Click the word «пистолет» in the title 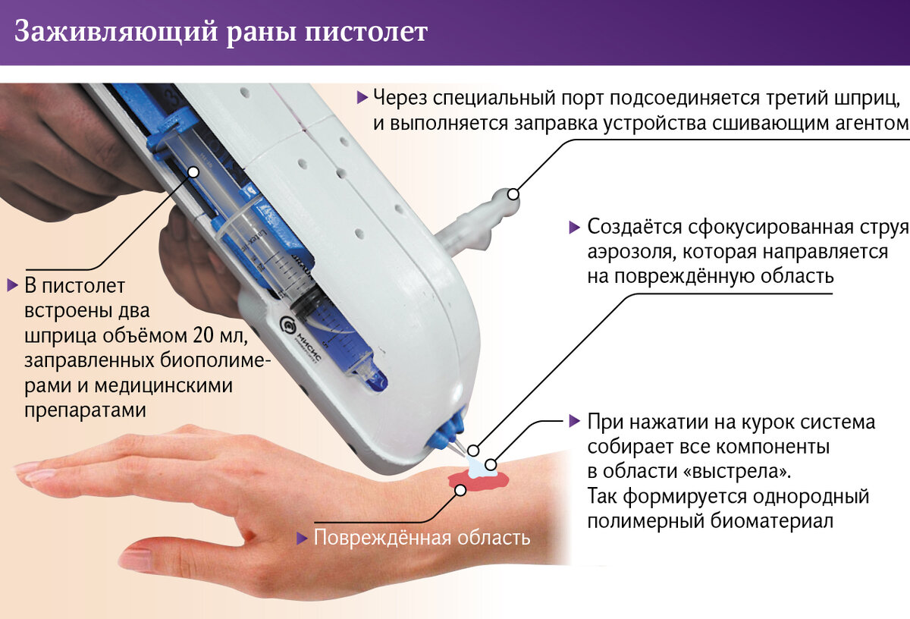point(366,32)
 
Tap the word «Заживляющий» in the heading point(116,33)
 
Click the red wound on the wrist point(479,481)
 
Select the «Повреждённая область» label point(422,537)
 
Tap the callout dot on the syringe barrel point(194,172)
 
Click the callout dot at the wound point(460,490)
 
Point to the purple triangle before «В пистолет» point(13,286)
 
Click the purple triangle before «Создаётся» point(575,228)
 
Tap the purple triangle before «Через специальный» point(362,98)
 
